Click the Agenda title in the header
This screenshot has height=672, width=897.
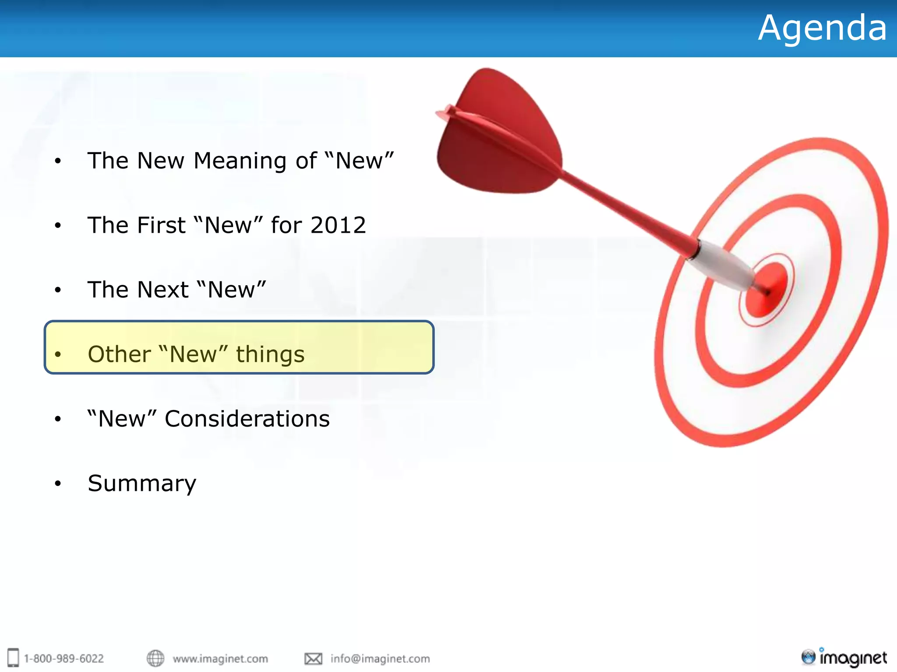[x=822, y=28]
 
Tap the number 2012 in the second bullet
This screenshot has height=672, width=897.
[x=338, y=225]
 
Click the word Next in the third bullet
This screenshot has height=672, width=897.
[x=162, y=290]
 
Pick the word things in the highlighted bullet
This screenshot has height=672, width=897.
[x=270, y=354]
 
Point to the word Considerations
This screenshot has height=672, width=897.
[x=247, y=419]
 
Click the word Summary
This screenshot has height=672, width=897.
[x=142, y=483]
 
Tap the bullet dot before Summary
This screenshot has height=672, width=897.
[x=58, y=484]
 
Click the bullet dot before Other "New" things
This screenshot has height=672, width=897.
[x=58, y=354]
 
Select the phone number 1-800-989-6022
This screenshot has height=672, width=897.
[x=64, y=658]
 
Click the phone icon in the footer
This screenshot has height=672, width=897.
[x=14, y=658]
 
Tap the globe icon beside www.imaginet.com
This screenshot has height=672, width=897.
[x=155, y=658]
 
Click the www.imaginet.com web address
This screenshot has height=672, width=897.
[x=220, y=658]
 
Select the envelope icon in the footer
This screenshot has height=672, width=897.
[x=313, y=658]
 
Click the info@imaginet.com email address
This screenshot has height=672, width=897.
[x=380, y=658]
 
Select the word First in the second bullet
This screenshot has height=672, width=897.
[x=161, y=225]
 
